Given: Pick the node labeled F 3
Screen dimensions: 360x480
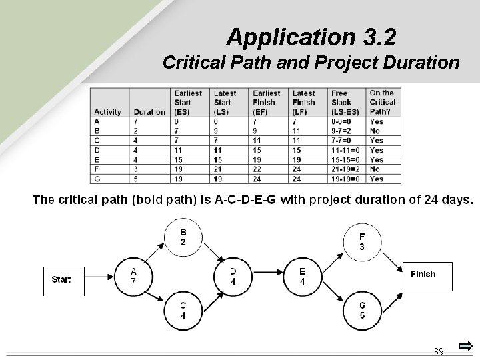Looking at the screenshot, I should click(362, 241).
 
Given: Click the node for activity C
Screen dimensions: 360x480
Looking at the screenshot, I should click(183, 311).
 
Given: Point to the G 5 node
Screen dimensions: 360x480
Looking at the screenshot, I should click(362, 311).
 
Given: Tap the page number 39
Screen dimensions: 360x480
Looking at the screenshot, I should click(439, 351).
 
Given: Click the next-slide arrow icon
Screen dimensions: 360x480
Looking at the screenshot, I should click(465, 347).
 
